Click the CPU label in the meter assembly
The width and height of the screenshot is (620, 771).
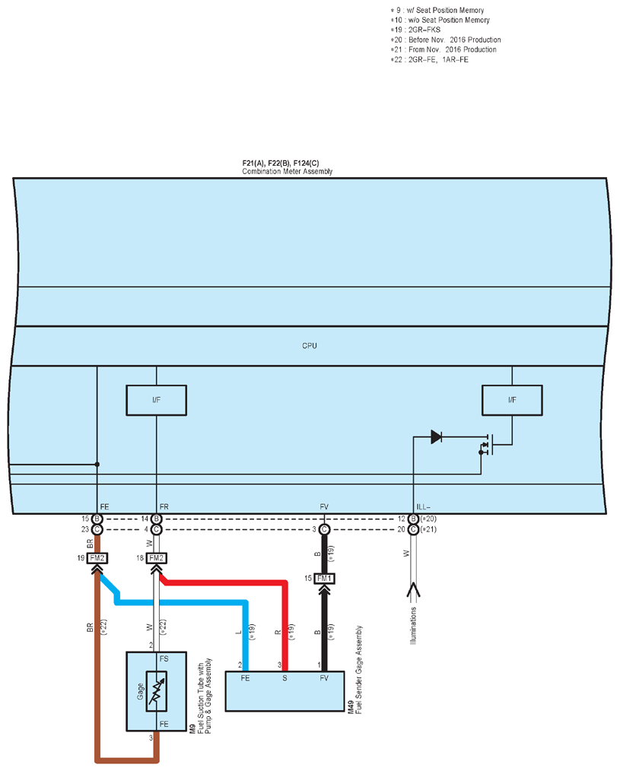click(310, 346)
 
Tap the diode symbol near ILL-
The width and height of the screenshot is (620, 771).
click(436, 436)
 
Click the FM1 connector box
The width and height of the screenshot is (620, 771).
click(324, 578)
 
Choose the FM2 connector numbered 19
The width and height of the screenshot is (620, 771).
click(97, 558)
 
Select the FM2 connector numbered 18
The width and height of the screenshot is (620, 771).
click(157, 558)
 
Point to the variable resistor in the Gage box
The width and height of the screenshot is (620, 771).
click(157, 691)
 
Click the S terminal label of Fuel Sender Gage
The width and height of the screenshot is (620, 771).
click(285, 678)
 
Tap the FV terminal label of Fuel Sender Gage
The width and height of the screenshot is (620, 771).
click(324, 678)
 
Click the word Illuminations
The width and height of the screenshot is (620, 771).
click(413, 626)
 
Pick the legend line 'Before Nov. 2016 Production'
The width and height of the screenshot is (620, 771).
click(446, 40)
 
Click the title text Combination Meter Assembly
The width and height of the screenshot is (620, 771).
click(288, 172)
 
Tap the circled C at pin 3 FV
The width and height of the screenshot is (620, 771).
click(324, 529)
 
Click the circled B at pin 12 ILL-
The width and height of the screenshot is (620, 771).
click(413, 519)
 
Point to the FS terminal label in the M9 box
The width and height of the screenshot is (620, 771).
click(164, 658)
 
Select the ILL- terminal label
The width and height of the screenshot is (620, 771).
click(423, 507)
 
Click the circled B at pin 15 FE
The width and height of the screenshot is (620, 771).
click(97, 519)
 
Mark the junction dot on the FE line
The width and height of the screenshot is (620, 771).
click(97, 464)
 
